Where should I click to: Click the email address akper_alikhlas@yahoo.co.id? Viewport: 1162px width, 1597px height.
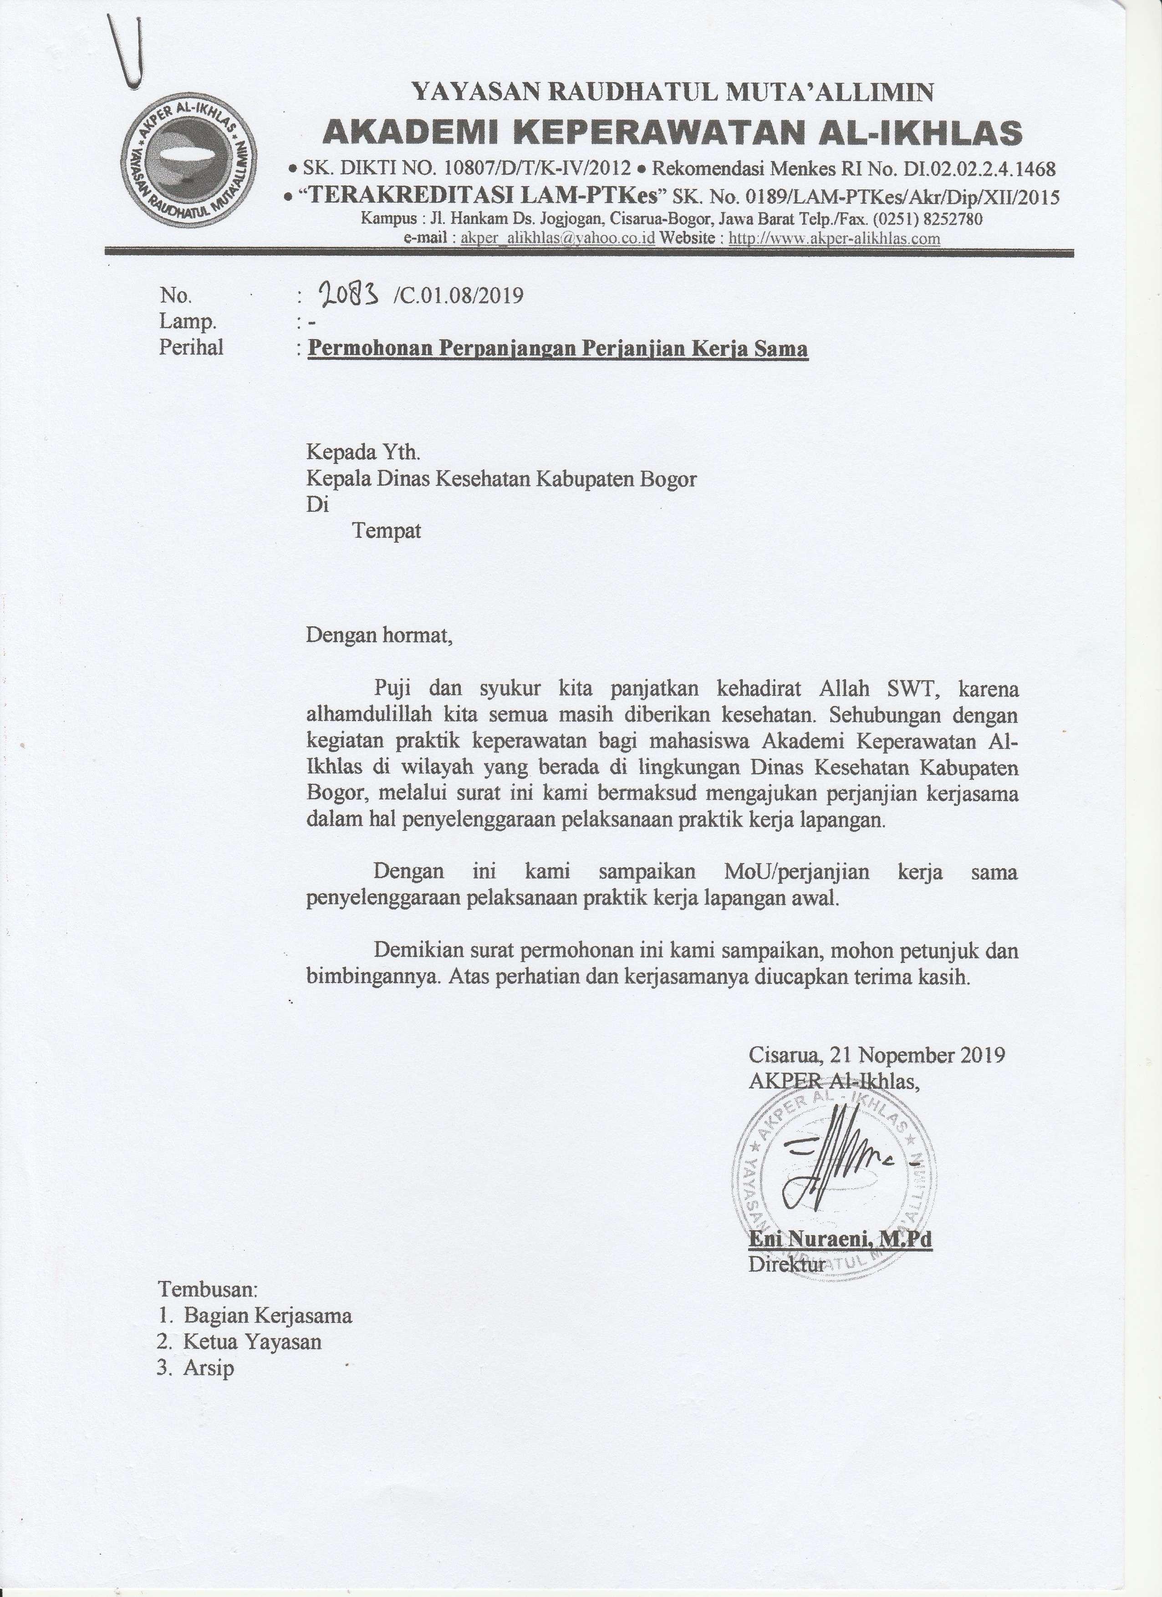(557, 238)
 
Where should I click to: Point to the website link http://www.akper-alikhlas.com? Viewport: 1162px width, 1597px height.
(835, 238)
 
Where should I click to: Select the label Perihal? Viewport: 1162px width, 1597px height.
(191, 348)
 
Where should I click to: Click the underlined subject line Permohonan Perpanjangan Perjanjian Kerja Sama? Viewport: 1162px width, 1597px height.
(558, 349)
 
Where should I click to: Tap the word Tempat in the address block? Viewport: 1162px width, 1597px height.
(386, 530)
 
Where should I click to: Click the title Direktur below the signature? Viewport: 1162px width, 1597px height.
(786, 1264)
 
